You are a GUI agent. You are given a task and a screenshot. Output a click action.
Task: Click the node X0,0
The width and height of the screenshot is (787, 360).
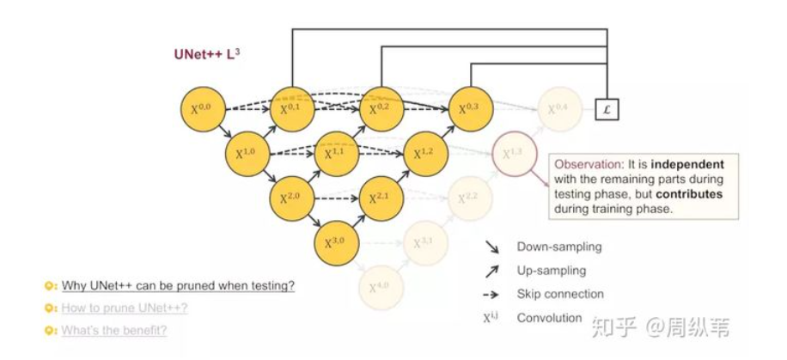pos(203,109)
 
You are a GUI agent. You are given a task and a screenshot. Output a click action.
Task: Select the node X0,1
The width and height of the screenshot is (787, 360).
pos(293,109)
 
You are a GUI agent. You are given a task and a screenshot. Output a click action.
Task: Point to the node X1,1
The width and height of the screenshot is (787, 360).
pos(338,155)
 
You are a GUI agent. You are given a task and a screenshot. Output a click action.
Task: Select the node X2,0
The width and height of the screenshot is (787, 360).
pos(293,198)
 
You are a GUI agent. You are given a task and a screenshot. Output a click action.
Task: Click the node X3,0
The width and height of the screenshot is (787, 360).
pos(338,243)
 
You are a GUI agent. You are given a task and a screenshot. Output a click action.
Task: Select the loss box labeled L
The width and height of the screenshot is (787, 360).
pos(607,109)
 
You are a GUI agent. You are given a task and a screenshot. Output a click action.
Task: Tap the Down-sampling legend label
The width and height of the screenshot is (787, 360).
pos(559,247)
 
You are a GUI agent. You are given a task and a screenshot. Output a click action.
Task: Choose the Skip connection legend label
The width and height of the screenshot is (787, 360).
pos(560,294)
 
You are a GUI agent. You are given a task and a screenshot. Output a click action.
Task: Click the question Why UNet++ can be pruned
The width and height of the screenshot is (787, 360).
pos(177,286)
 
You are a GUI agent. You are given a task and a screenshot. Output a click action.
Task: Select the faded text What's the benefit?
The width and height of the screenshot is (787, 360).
pos(113,330)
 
